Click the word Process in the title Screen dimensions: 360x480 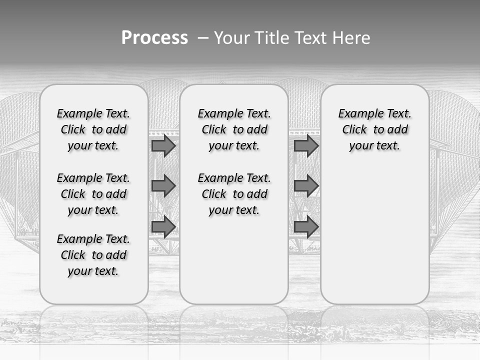tap(154, 38)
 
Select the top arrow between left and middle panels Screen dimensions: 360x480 tap(163, 145)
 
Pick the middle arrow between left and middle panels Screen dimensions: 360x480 tap(163, 186)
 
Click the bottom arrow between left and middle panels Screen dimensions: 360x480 tap(163, 227)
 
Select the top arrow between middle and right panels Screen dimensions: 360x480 tap(306, 145)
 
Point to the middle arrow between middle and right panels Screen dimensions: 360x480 tap(306, 186)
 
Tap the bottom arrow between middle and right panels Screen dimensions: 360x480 tap(306, 227)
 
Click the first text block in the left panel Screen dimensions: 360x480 tap(93, 129)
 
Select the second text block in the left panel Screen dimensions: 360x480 tap(93, 194)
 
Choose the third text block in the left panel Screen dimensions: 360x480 tap(93, 255)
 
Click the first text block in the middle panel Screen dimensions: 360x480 tap(234, 129)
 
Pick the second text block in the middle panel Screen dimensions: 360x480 tap(234, 194)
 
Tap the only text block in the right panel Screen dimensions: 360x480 tap(375, 129)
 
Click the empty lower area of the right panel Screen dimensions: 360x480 tap(375, 230)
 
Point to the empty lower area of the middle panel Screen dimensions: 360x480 tap(234, 260)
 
